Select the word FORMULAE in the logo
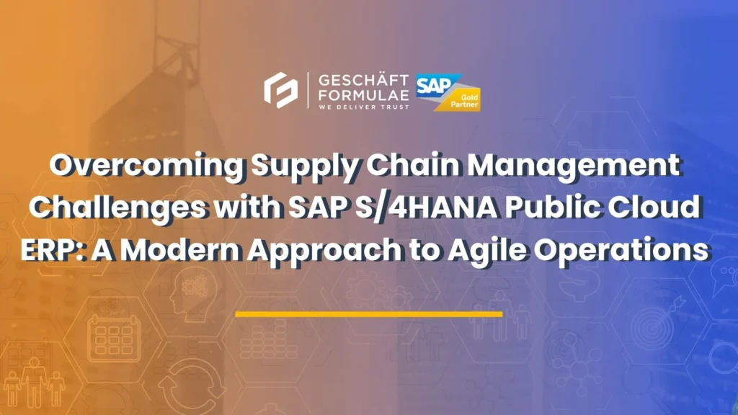pyautogui.click(x=363, y=94)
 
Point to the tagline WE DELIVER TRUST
pyautogui.click(x=363, y=107)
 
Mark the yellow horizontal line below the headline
pyautogui.click(x=368, y=314)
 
